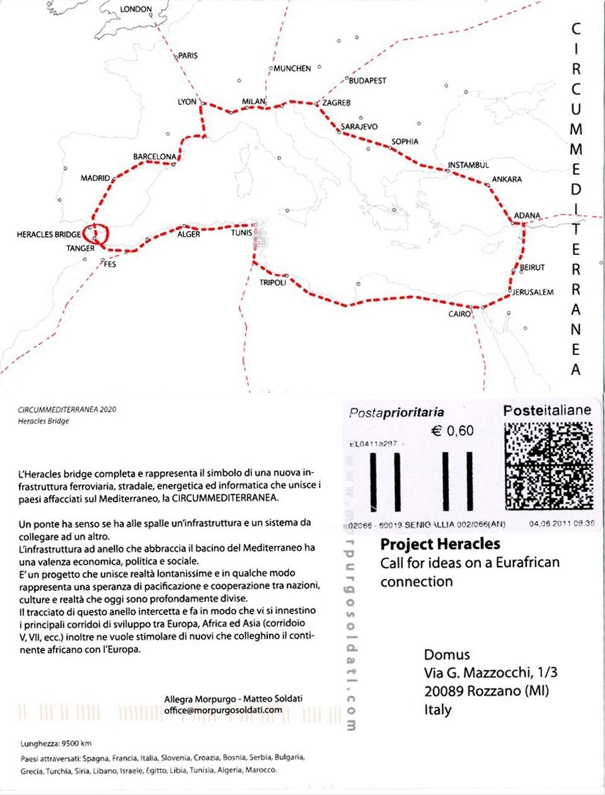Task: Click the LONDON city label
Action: click(x=135, y=9)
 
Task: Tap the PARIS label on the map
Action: click(x=188, y=56)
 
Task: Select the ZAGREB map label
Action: click(x=336, y=103)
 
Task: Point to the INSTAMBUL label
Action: click(x=468, y=166)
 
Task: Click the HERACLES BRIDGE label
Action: click(x=49, y=235)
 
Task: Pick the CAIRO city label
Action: click(x=459, y=313)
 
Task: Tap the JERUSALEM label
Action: click(x=533, y=293)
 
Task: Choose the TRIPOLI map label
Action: click(x=273, y=283)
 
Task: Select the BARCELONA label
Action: click(x=154, y=157)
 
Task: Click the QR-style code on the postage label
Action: click(x=549, y=466)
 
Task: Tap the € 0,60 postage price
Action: click(x=452, y=431)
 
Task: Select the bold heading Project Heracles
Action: click(x=440, y=544)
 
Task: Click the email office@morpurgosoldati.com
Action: click(x=223, y=709)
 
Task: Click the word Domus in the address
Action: click(x=447, y=655)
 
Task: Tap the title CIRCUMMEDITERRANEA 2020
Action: click(x=67, y=409)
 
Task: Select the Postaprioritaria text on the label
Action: click(x=396, y=413)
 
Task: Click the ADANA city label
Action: click(x=527, y=215)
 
